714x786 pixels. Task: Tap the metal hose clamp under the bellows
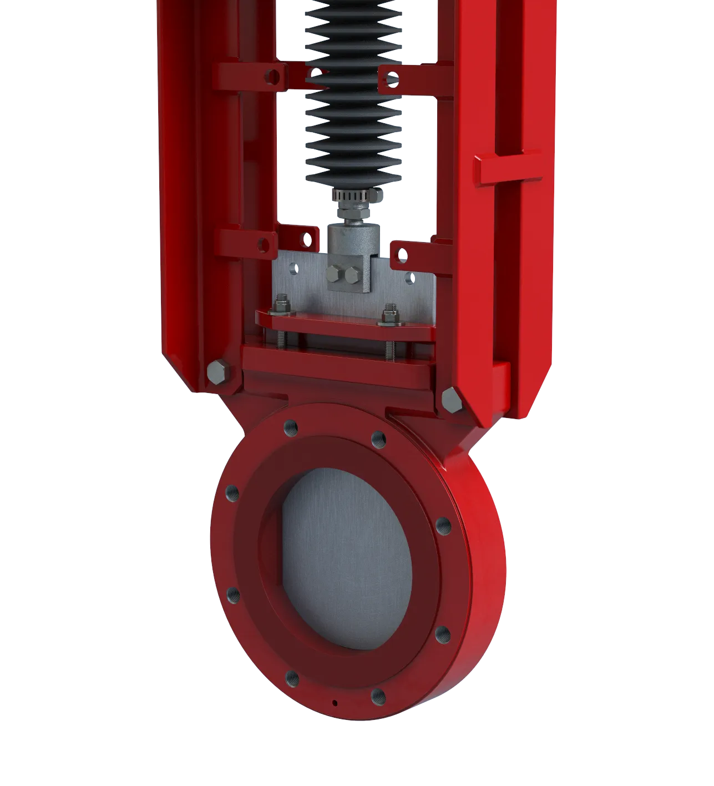click(355, 196)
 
